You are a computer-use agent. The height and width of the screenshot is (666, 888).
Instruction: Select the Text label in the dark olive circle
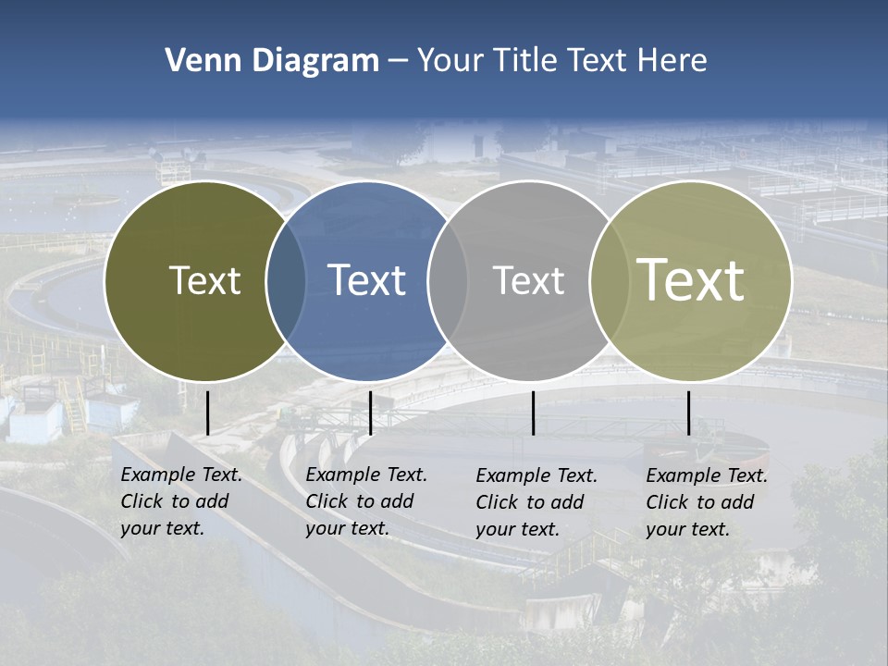click(x=204, y=280)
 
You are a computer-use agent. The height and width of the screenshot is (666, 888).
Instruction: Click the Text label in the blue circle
click(x=367, y=280)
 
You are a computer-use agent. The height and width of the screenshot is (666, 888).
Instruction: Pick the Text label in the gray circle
click(x=529, y=280)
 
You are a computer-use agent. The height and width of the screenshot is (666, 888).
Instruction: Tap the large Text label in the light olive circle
click(x=691, y=280)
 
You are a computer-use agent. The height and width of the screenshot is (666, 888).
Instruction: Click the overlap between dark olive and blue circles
click(x=286, y=281)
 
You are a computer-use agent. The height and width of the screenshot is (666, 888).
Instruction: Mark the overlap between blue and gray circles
click(x=448, y=281)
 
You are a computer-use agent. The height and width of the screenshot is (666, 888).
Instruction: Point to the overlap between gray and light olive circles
click(x=610, y=281)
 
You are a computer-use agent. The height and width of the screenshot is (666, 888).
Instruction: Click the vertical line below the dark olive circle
click(x=207, y=413)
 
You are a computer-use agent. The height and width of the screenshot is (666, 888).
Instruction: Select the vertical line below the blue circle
click(x=370, y=413)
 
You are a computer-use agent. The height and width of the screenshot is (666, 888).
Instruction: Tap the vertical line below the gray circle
click(x=533, y=413)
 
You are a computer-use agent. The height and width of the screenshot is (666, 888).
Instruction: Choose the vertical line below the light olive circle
click(x=688, y=413)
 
